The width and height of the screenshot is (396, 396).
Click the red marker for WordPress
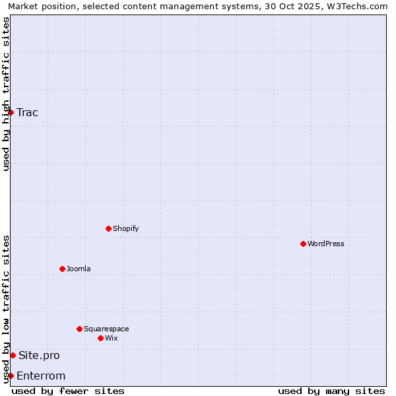click(303, 244)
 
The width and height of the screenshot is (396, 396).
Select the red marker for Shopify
click(108, 228)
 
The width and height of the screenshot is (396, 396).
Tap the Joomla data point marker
click(62, 269)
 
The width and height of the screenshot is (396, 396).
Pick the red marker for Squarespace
click(79, 329)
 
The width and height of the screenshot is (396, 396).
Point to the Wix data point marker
click(100, 338)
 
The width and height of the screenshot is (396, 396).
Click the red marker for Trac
click(11, 112)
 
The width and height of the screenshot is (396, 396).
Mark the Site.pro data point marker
click(13, 355)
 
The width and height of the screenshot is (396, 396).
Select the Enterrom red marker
click(11, 376)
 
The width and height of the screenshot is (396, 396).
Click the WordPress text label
click(326, 244)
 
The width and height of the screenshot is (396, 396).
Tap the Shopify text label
click(126, 228)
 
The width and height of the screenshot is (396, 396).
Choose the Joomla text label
click(79, 269)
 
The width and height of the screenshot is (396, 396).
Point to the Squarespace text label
click(106, 329)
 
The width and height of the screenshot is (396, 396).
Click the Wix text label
click(112, 338)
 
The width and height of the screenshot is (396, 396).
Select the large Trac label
click(28, 112)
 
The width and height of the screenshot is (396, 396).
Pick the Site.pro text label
click(39, 355)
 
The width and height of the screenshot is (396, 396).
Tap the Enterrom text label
click(41, 376)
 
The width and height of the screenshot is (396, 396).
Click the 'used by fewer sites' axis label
click(68, 391)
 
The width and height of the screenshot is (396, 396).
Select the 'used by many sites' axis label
click(331, 391)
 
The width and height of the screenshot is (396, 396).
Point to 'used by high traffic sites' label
click(6, 94)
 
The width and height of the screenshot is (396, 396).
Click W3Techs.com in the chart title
click(354, 6)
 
